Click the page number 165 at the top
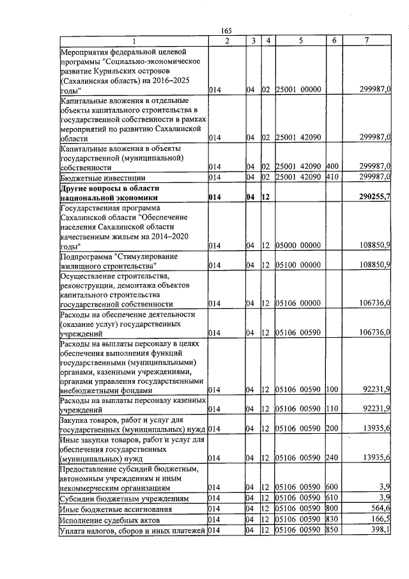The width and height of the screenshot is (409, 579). point(226,30)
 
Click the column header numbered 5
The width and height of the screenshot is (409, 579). point(300,41)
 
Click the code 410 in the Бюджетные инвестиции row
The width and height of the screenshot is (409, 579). point(332,177)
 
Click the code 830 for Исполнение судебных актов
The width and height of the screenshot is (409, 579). point(332,520)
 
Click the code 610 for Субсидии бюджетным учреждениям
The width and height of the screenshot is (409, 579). point(332,498)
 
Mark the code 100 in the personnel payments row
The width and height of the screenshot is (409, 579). point(332,390)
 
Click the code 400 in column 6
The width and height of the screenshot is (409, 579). point(332,166)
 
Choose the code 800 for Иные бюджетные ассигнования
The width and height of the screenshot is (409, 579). point(332,509)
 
